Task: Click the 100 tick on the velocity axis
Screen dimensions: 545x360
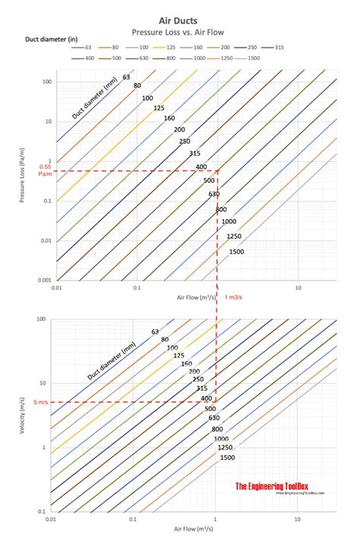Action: point(41,319)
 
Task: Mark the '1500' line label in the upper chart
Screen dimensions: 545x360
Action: point(236,252)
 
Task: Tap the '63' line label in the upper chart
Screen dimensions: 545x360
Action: point(126,76)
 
